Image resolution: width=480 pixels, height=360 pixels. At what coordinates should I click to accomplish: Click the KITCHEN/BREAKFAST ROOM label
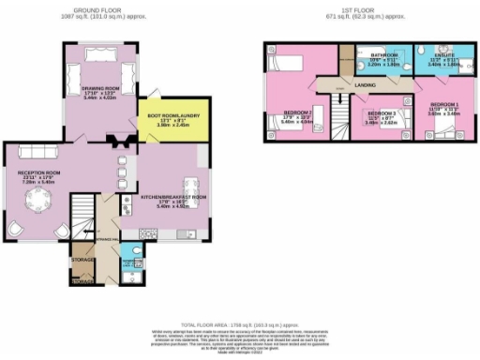(172, 199)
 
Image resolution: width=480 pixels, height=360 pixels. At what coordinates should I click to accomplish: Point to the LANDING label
(367, 85)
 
